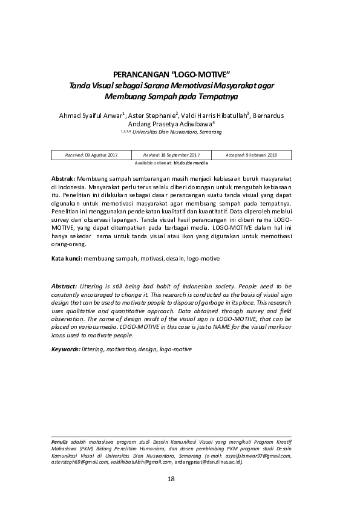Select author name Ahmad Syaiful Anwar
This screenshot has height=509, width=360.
point(90,115)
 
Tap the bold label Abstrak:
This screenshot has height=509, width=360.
point(63,180)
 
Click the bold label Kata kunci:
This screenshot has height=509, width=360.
point(67,258)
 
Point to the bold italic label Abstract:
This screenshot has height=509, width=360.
point(64,285)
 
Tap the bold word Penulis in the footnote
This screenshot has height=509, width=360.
point(59,443)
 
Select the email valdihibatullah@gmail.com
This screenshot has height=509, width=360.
point(140,462)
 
